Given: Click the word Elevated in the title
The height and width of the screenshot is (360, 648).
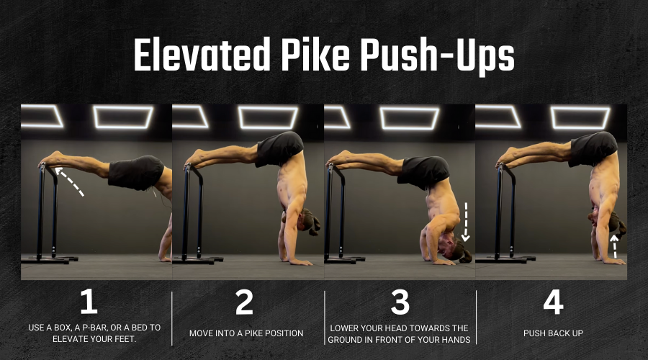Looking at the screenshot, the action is [202, 55].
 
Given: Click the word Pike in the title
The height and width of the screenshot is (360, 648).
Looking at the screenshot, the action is [315, 55].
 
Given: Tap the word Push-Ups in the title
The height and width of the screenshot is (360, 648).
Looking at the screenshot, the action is [437, 57].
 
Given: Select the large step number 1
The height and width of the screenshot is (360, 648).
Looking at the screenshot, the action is [89, 301].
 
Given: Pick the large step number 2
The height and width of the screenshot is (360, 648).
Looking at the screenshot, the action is [244, 302].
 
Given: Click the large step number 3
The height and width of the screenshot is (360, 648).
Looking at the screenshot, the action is [400, 302].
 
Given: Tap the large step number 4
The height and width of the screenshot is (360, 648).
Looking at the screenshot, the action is [553, 302].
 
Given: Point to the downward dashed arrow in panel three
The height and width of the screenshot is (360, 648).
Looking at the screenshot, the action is [466, 222].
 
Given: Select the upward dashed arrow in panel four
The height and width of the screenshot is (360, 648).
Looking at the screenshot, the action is [615, 246].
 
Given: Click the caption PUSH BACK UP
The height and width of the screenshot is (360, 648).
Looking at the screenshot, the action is [553, 333].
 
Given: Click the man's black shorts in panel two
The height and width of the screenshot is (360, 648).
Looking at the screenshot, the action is [279, 149].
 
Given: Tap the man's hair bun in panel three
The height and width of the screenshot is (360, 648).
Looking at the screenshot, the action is [466, 256].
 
